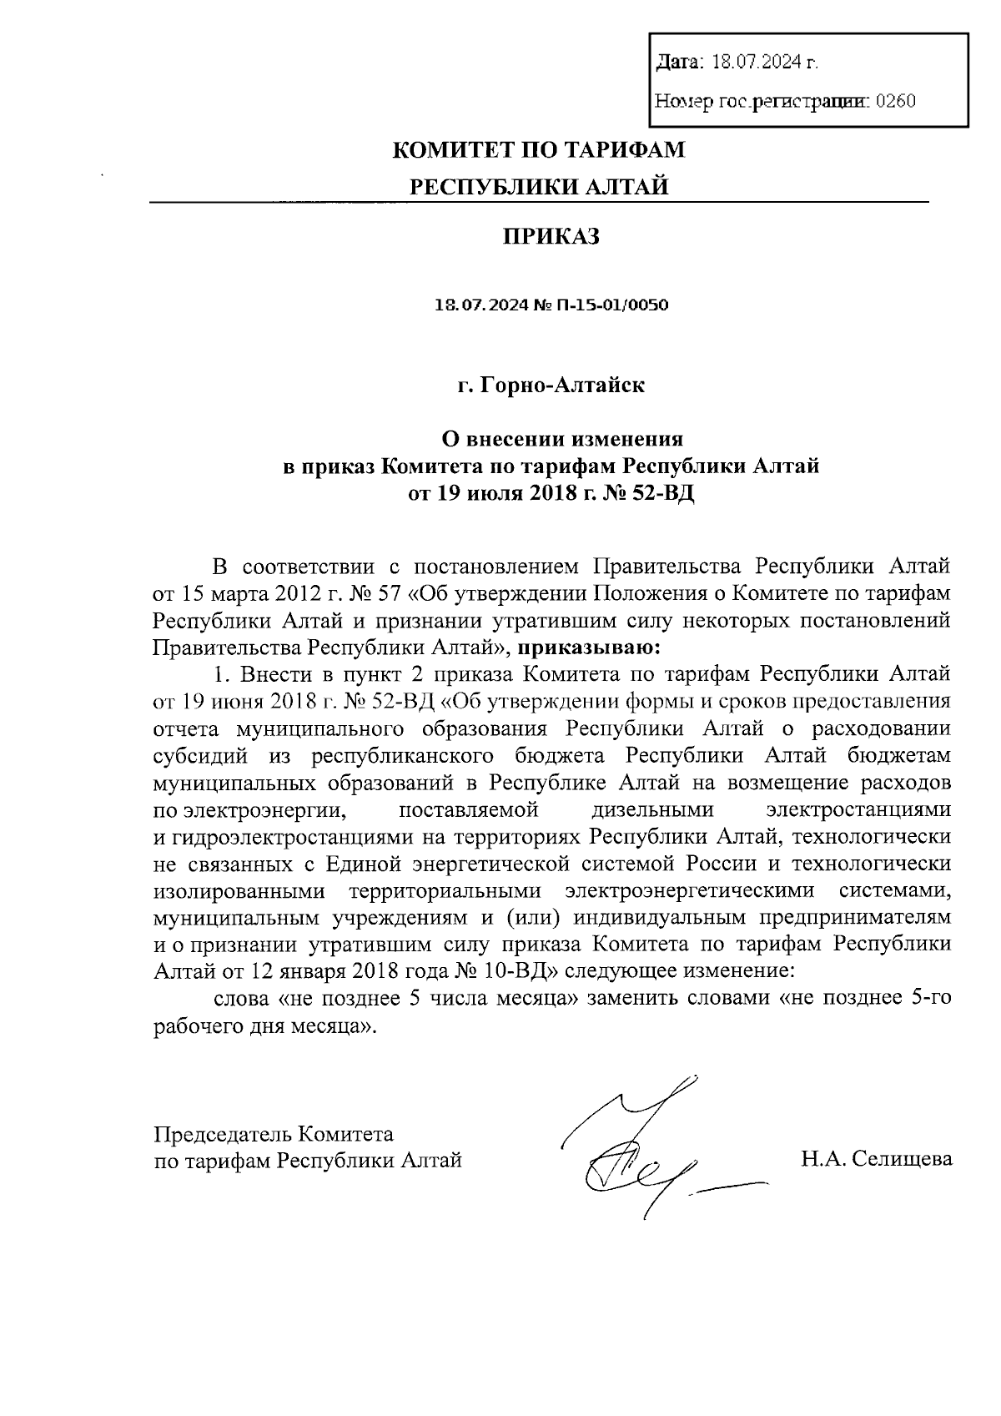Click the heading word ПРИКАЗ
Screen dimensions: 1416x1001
[551, 237]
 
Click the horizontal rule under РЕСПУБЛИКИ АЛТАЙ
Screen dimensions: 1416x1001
[538, 203]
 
